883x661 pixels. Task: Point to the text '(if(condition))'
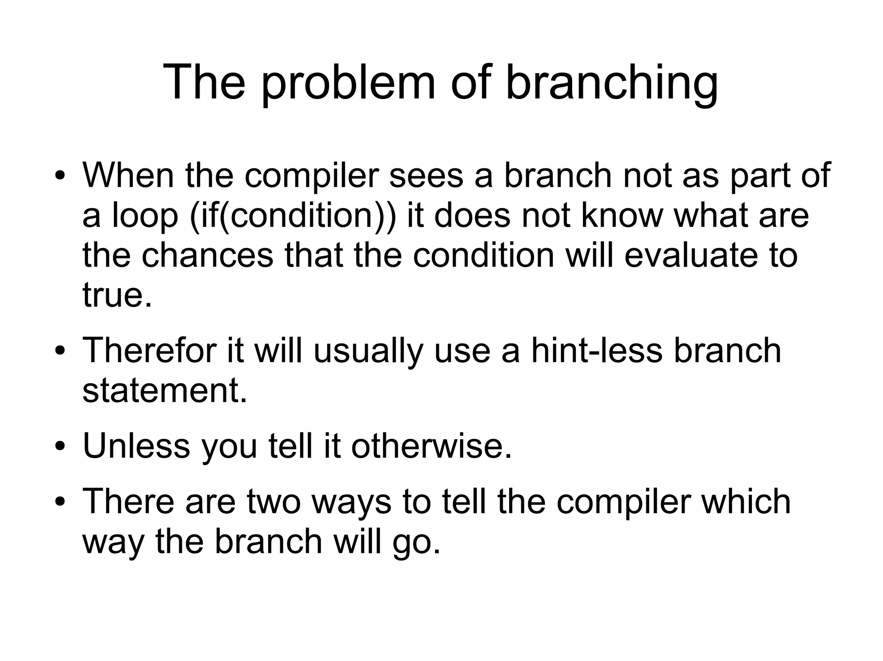point(292,215)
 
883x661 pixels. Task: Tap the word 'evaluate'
point(688,255)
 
